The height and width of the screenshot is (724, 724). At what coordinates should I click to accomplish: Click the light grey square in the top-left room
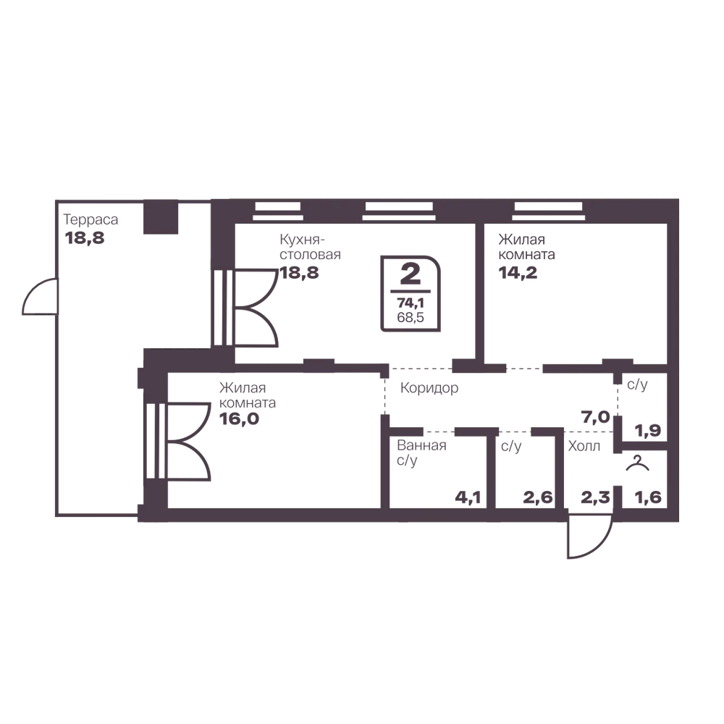coord(194,222)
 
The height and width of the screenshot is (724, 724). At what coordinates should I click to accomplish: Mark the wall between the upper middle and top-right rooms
coord(477,290)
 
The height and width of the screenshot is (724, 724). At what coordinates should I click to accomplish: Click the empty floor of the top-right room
coord(579,311)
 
